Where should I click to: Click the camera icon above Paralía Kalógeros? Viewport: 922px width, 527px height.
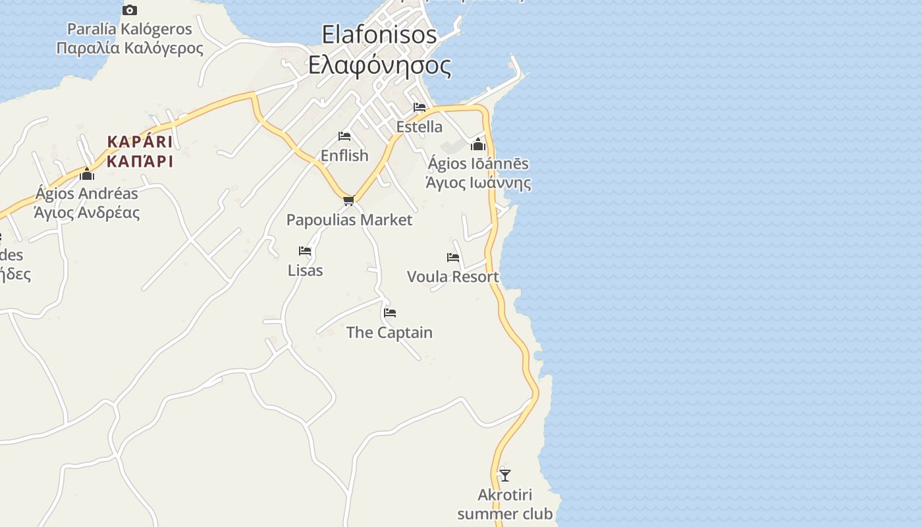pyautogui.click(x=130, y=10)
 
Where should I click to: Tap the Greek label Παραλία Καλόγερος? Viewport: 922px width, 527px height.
pyautogui.click(x=130, y=48)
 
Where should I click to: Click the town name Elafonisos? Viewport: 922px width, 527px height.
pyautogui.click(x=379, y=34)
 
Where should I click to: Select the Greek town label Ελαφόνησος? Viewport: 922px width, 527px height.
pyautogui.click(x=380, y=66)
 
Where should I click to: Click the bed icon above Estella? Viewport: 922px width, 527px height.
pyautogui.click(x=420, y=107)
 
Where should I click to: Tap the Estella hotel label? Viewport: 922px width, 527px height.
pyautogui.click(x=420, y=126)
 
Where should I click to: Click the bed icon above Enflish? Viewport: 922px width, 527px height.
pyautogui.click(x=344, y=136)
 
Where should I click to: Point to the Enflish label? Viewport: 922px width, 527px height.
pyautogui.click(x=344, y=155)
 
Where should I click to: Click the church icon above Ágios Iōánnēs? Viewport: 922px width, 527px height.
pyautogui.click(x=478, y=144)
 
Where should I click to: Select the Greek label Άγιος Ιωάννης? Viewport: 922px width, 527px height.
pyautogui.click(x=478, y=182)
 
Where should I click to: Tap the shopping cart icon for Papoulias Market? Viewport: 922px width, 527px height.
pyautogui.click(x=349, y=200)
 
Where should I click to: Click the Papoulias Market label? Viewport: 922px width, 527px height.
pyautogui.click(x=349, y=220)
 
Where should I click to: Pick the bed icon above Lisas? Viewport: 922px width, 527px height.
pyautogui.click(x=305, y=251)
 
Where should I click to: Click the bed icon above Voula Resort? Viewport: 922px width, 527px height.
pyautogui.click(x=453, y=258)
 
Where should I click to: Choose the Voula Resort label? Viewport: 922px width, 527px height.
pyautogui.click(x=453, y=277)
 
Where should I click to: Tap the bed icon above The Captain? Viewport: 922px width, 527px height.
pyautogui.click(x=390, y=313)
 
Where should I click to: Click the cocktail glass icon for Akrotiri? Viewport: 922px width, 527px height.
pyautogui.click(x=505, y=475)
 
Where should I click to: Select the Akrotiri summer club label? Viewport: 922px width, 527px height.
pyautogui.click(x=505, y=504)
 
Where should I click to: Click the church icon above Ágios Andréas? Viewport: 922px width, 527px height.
pyautogui.click(x=87, y=174)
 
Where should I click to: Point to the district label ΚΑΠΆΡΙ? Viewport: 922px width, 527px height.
pyautogui.click(x=140, y=161)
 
